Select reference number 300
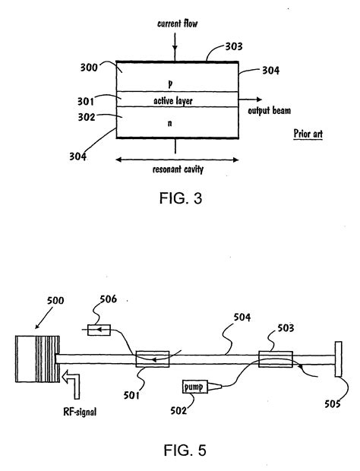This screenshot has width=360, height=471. (x=93, y=68)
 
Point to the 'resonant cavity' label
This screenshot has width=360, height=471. (x=178, y=170)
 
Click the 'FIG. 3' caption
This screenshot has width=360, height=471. (x=178, y=199)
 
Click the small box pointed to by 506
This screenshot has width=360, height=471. (x=99, y=330)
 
